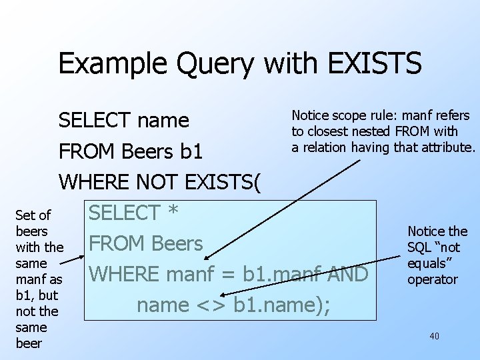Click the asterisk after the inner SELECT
172,213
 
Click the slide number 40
434,336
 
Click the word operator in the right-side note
433,279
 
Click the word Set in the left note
24,215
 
